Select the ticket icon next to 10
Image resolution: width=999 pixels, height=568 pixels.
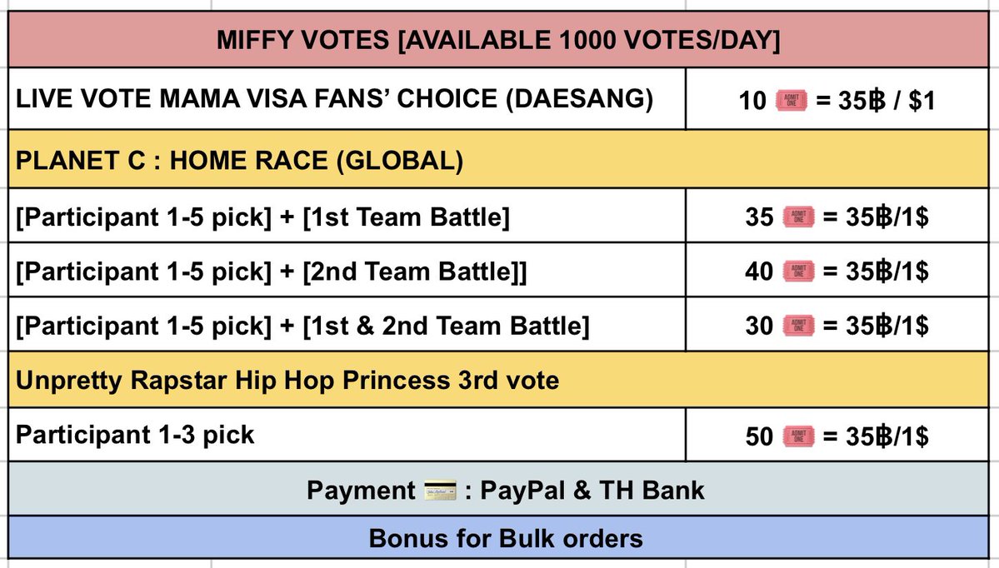tap(791, 101)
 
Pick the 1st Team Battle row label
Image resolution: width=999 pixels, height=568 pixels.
tap(263, 218)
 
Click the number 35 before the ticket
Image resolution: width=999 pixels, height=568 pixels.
tap(759, 218)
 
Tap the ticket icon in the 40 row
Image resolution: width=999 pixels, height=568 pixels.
tap(799, 272)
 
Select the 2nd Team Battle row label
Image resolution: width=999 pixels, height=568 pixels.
tap(272, 272)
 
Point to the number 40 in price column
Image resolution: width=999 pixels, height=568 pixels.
tap(759, 272)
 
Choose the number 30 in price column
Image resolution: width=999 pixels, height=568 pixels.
tap(759, 326)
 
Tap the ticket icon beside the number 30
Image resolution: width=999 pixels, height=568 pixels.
tap(799, 326)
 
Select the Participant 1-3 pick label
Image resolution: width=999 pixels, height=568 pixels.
tap(136, 435)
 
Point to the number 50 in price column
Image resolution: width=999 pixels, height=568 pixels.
tap(759, 436)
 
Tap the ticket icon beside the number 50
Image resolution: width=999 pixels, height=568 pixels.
tap(799, 436)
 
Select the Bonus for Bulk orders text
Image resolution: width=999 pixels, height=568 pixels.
tap(506, 539)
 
